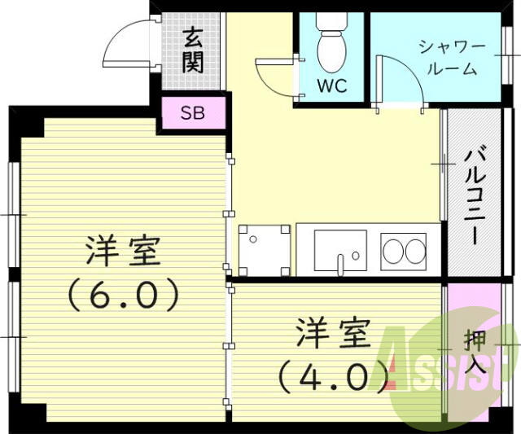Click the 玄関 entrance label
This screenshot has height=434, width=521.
pos(193,50)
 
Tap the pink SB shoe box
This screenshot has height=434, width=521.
pos(193,112)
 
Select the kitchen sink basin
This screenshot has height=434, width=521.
pos(339,249)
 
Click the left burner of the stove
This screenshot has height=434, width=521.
pos(393,251)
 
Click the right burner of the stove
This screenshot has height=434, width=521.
pos(414,251)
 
